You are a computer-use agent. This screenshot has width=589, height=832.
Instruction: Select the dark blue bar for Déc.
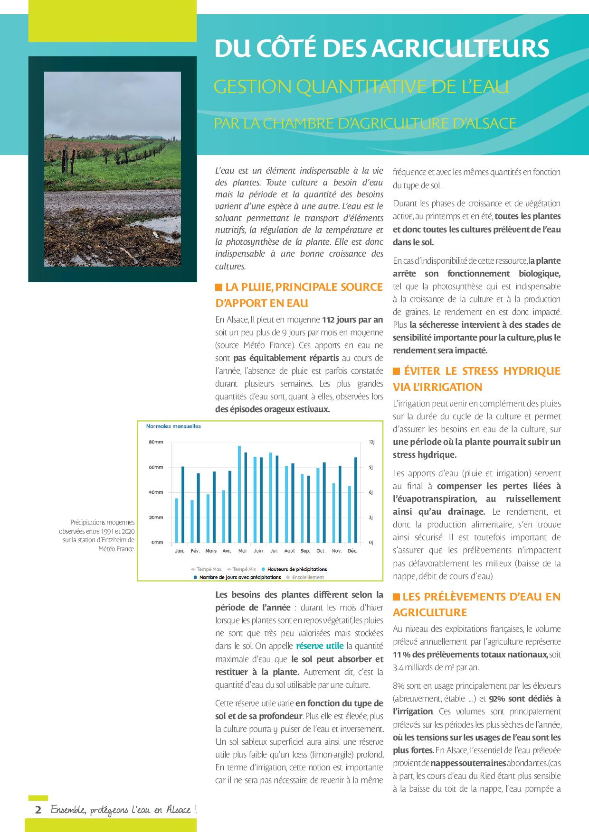pyautogui.click(x=355, y=500)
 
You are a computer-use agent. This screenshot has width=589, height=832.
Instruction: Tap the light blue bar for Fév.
pyautogui.click(x=192, y=521)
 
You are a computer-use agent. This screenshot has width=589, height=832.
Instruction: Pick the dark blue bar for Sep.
pyautogui.click(x=308, y=509)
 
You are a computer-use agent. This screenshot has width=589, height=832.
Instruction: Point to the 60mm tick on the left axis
pyautogui.click(x=156, y=467)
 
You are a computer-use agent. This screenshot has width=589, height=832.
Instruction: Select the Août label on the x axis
pyautogui.click(x=289, y=551)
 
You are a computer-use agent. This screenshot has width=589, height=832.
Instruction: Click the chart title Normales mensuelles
pyautogui.click(x=173, y=426)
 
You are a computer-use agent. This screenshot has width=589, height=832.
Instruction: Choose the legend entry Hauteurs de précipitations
pyautogui.click(x=297, y=569)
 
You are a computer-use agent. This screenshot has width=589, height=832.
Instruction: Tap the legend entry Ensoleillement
pyautogui.click(x=308, y=577)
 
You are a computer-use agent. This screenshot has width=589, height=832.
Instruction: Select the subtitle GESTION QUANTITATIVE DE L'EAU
pyautogui.click(x=361, y=87)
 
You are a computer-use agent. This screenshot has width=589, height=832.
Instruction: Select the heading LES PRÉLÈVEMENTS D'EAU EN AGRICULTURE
pyautogui.click(x=476, y=604)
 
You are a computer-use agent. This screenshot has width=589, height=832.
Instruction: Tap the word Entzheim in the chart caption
pyautogui.click(x=119, y=540)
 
